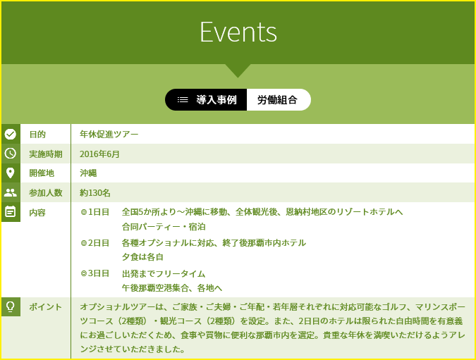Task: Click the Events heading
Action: coord(238,32)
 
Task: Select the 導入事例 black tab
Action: coord(206,100)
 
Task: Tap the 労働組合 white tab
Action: coord(279,100)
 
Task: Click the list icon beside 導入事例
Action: coord(183,100)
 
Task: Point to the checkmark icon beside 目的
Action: coord(11,134)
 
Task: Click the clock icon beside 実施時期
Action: coord(11,154)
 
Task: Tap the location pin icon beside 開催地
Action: coord(11,173)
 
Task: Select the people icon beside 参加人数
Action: coord(11,192)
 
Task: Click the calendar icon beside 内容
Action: coord(11,211)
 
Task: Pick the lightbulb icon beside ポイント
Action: coord(11,306)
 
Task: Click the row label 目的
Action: coord(37,135)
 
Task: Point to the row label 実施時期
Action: coord(46,154)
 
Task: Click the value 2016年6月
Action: coord(99,154)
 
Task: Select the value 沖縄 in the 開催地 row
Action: coord(88,173)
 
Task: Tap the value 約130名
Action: coord(95,193)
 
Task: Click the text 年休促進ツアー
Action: coord(109,135)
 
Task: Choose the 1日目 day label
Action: coord(99,212)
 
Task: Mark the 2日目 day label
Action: coord(99,243)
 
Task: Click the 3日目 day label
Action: coord(99,273)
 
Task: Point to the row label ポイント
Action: coord(46,307)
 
